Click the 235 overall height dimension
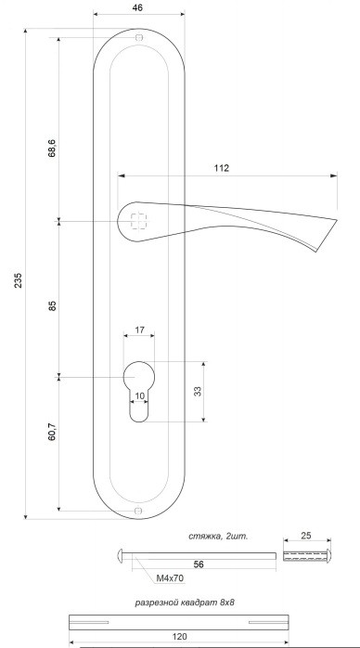click(x=19, y=280)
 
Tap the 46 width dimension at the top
click(x=139, y=6)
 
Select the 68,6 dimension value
click(x=52, y=149)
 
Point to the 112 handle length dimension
click(x=222, y=168)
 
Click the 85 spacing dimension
click(x=52, y=305)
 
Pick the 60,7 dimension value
click(x=52, y=431)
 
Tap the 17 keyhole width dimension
click(x=139, y=330)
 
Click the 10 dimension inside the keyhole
click(x=139, y=395)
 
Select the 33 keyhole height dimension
click(x=198, y=392)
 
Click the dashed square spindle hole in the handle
click(x=139, y=221)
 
